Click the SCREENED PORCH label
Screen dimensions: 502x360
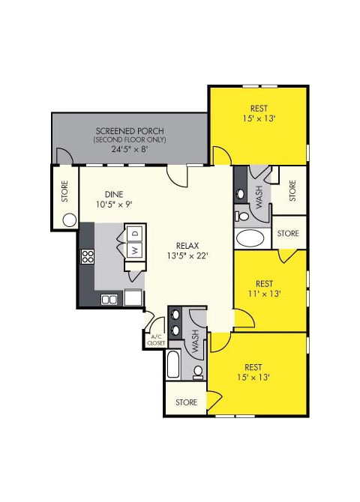[130, 130]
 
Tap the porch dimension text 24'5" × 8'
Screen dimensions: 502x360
[130, 149]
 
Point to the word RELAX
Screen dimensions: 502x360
[187, 245]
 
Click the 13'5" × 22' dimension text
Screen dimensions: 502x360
[187, 255]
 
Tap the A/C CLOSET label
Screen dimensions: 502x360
[156, 341]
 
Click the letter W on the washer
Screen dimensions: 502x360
[135, 250]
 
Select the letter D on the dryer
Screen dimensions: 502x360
[135, 232]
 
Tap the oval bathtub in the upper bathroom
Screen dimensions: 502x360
[250, 239]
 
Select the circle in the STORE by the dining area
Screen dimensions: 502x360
[70, 220]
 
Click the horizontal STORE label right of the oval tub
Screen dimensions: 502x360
[288, 234]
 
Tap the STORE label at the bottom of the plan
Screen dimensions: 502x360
[187, 402]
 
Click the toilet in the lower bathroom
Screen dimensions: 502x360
[198, 371]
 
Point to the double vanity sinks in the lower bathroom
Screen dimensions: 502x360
[175, 321]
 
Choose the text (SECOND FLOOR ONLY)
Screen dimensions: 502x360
[130, 140]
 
